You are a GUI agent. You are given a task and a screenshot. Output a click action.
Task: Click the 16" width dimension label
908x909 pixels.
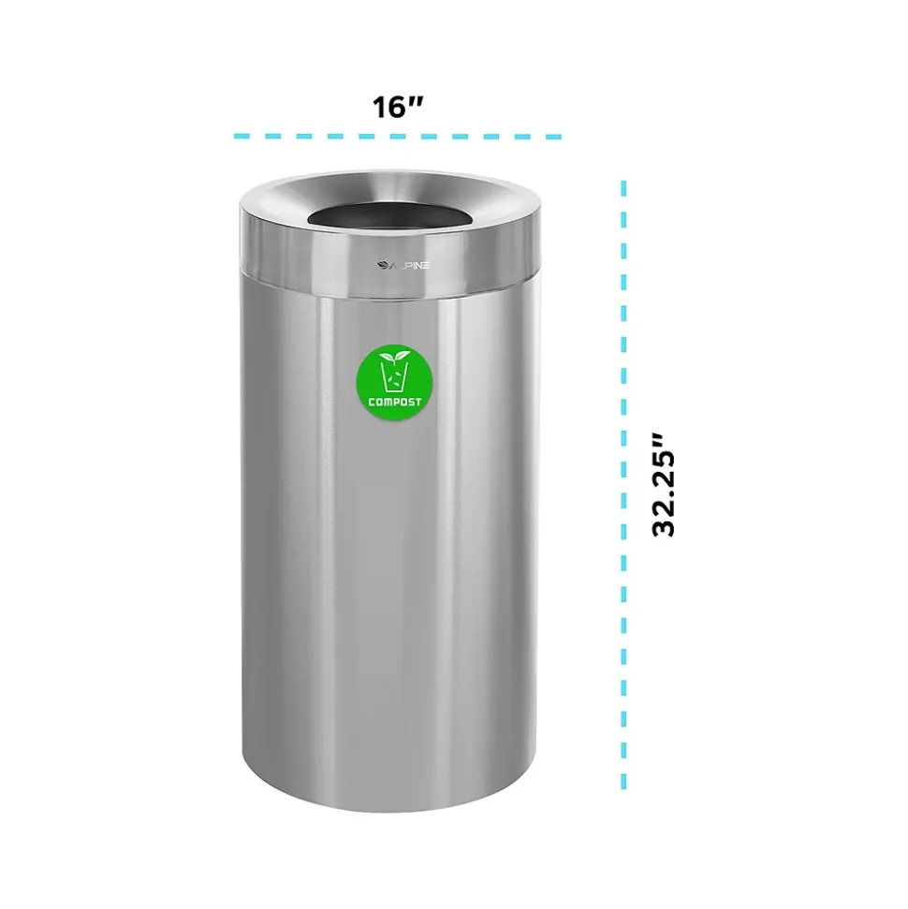pos(398,107)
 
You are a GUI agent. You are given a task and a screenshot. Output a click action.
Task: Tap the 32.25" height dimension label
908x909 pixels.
pos(664,484)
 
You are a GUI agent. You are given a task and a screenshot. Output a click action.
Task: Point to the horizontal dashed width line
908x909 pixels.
pos(398,137)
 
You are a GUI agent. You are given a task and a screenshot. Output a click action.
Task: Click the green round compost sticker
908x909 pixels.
pos(394,377)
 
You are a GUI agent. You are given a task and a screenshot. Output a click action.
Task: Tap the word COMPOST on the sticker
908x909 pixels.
pos(394,402)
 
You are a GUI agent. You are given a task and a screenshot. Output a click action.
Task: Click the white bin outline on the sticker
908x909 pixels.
pos(394,378)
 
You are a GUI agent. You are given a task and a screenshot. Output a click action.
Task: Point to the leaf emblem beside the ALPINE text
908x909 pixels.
pos(383,265)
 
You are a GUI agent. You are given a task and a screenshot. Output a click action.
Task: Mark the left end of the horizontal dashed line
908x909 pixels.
pos(237,137)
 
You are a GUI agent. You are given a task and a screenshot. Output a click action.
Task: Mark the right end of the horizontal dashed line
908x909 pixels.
pos(559,137)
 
